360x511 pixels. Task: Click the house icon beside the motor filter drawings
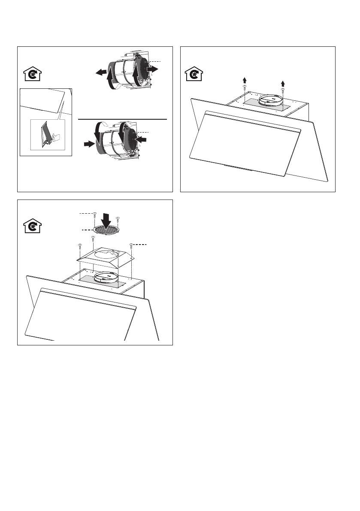31,75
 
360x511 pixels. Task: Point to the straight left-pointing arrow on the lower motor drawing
141,139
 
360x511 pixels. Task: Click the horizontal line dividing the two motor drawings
122,119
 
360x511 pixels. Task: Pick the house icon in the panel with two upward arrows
194,74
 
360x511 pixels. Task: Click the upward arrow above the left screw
245,80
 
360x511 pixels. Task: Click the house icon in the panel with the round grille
31,226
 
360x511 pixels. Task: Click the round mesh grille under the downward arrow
106,231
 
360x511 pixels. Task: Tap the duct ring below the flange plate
106,278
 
